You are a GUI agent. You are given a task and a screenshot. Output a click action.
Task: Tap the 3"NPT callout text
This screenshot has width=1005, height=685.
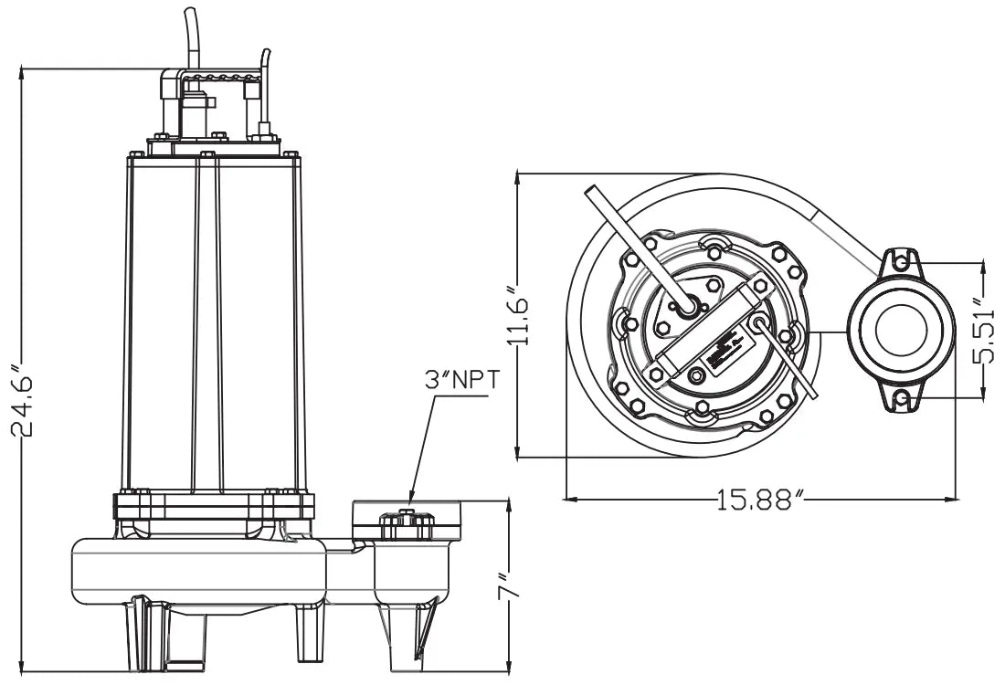click(462, 380)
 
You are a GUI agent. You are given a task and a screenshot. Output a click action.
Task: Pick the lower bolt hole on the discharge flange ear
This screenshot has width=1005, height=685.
click(901, 398)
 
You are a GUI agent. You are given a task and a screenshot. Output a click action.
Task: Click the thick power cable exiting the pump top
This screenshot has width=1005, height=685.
click(190, 37)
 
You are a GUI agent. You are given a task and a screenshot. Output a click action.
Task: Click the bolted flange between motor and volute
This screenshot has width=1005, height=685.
click(215, 505)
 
